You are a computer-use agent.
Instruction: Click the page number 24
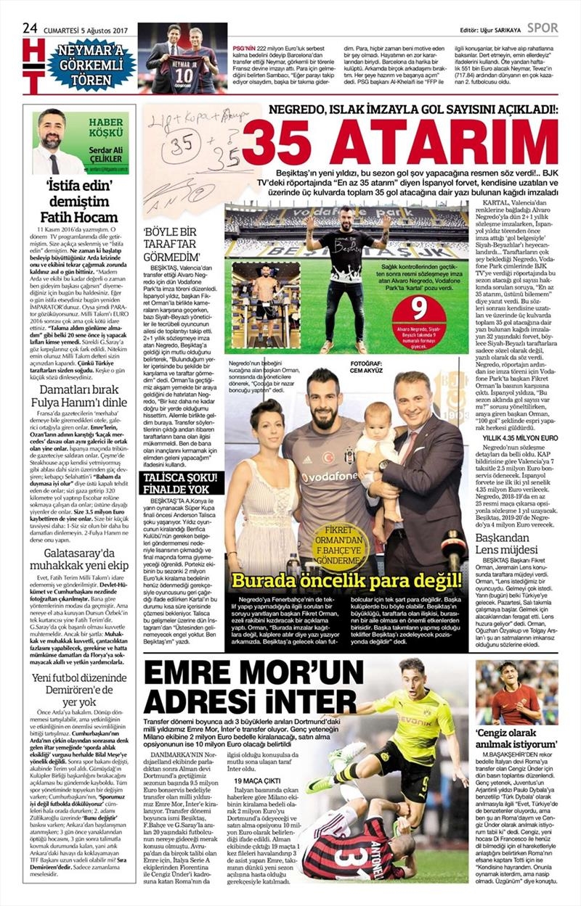(30, 28)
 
